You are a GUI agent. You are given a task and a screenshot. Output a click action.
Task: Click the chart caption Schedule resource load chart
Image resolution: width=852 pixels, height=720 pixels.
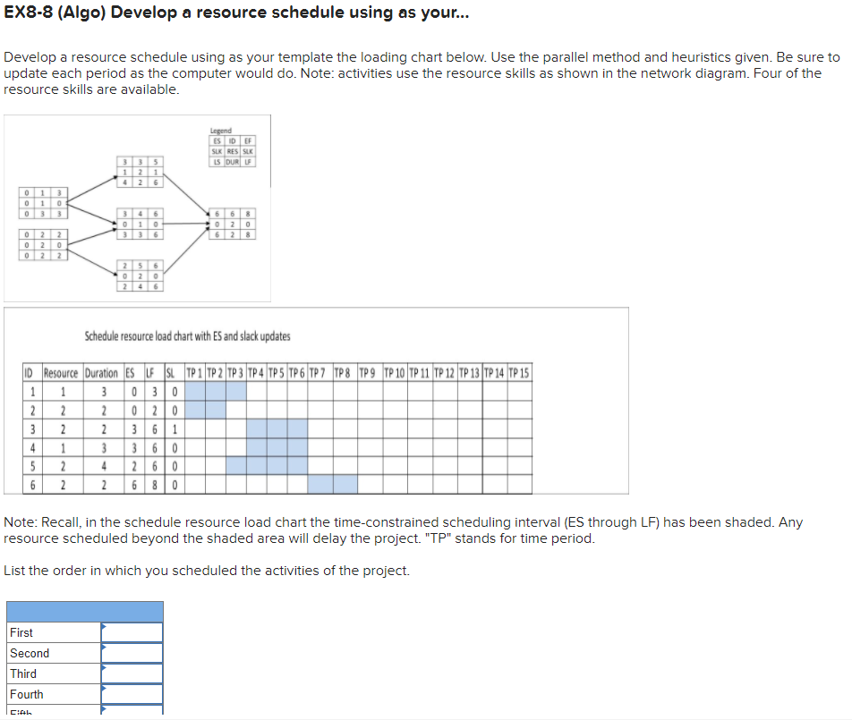point(187,336)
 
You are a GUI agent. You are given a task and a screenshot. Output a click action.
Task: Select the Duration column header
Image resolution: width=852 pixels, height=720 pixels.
point(101,373)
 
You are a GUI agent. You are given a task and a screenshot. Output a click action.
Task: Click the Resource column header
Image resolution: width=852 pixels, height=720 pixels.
point(61,373)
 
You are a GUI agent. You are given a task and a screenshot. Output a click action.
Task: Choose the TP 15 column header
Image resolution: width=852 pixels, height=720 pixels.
point(518,373)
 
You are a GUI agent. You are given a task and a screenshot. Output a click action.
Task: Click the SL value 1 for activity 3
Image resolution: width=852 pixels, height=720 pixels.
point(174,428)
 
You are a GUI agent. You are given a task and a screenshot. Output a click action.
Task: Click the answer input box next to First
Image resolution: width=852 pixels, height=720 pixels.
point(132,632)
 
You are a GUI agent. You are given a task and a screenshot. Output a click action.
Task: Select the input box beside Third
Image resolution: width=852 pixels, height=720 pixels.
point(132,673)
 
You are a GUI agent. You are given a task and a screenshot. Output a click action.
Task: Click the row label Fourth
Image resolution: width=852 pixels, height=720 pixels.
point(27,694)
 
